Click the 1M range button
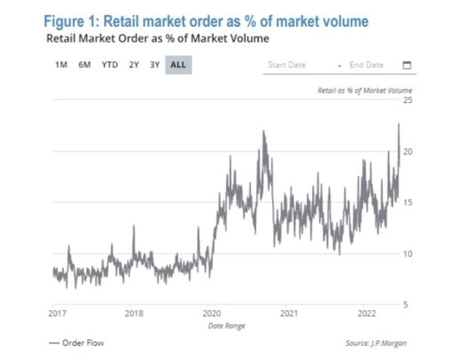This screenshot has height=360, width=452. [x=61, y=65]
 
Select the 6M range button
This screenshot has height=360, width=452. [x=84, y=65]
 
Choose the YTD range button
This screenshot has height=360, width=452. [x=109, y=65]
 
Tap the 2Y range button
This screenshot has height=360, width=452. [x=133, y=65]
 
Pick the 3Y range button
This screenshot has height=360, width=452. [x=154, y=65]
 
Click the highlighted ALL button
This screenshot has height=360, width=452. [x=179, y=65]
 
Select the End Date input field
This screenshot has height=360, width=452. [x=367, y=65]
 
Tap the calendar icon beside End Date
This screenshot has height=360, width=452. [x=407, y=65]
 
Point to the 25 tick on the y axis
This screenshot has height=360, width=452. [x=408, y=99]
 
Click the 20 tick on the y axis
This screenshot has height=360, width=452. [x=408, y=151]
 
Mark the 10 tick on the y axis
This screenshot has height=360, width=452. [x=408, y=253]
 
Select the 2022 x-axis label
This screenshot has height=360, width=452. [x=366, y=313]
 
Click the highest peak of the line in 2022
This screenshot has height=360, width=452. [x=398, y=124]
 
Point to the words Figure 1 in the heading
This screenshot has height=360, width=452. [x=73, y=21]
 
